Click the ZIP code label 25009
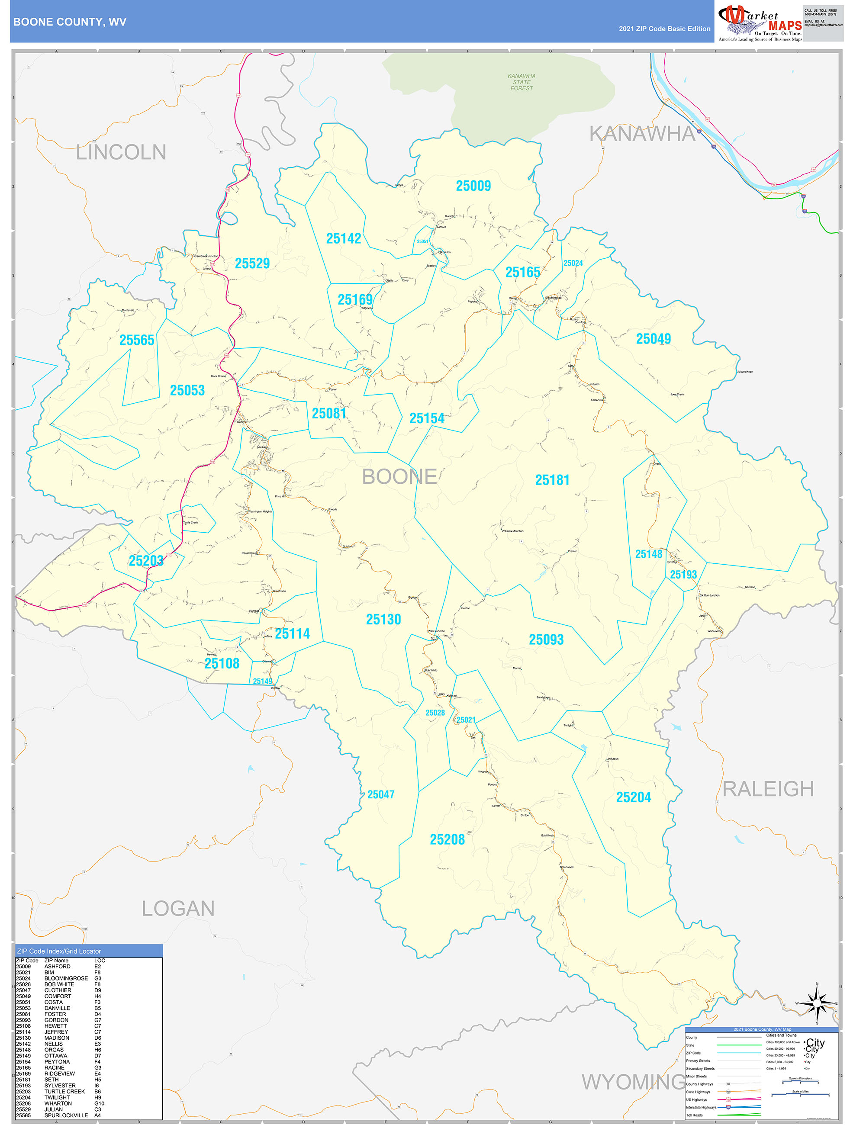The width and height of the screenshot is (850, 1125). [473, 186]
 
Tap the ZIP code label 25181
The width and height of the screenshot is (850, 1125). [552, 480]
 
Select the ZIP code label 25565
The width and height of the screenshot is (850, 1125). [136, 340]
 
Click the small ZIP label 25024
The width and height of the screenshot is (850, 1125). [573, 263]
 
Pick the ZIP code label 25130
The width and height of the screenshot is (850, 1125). [383, 620]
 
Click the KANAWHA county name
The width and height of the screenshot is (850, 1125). [642, 134]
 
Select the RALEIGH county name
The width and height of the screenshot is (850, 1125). [768, 789]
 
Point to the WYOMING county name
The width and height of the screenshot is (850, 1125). [633, 1082]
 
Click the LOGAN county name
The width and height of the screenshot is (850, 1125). [178, 908]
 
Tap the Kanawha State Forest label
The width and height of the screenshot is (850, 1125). [522, 82]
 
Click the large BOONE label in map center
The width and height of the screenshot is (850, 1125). [399, 476]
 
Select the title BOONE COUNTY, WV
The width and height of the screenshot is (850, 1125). [70, 22]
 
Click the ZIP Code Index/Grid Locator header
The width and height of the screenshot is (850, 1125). [59, 951]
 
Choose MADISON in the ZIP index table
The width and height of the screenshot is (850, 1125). [56, 1038]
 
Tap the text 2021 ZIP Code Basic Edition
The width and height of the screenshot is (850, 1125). [664, 29]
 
